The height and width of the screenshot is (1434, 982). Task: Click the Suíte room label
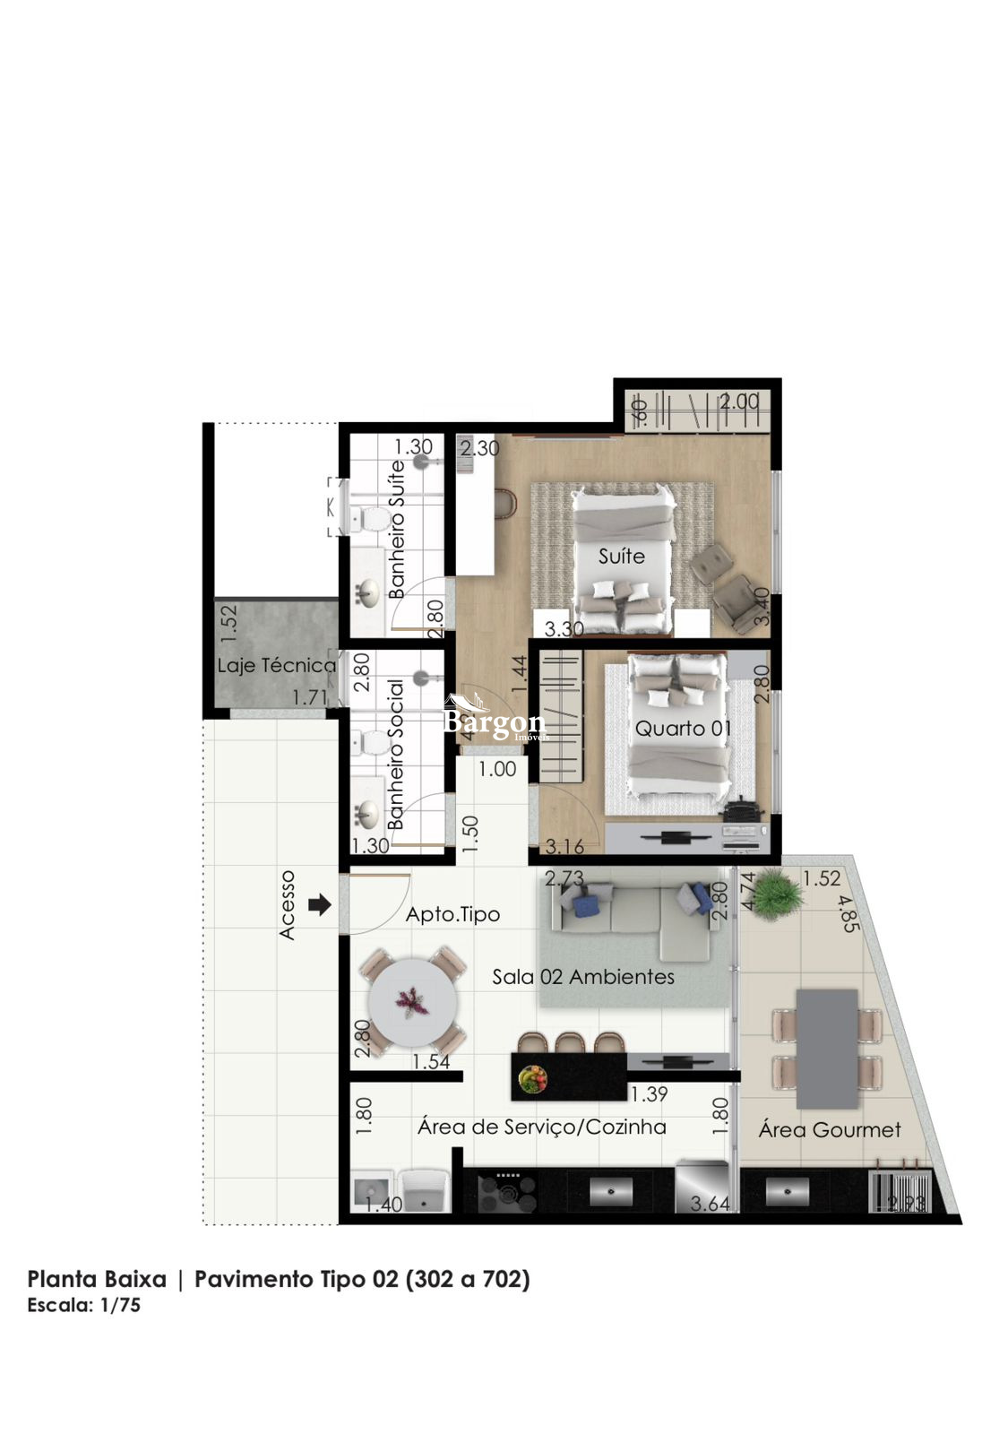point(621,557)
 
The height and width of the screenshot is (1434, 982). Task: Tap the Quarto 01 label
point(683,729)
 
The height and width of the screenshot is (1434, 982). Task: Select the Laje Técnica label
point(277,666)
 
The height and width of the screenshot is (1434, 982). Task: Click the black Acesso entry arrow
point(319,905)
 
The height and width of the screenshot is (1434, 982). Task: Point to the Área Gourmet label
point(829,1130)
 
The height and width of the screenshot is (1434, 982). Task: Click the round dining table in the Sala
point(413,1001)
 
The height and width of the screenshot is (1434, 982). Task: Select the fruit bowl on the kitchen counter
point(533,1078)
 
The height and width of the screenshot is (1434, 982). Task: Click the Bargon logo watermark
point(494,720)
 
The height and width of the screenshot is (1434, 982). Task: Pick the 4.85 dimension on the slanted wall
point(848,912)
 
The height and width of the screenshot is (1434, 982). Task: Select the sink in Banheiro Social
point(366,814)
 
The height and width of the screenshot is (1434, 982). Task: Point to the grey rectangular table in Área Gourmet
point(826,1048)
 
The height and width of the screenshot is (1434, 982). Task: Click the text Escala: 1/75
point(83,1305)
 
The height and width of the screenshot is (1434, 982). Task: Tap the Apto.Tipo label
point(452,915)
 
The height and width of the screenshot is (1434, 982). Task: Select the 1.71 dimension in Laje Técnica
point(310,697)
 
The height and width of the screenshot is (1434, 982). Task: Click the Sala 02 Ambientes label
point(583,977)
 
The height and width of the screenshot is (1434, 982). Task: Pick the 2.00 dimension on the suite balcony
point(739,402)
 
